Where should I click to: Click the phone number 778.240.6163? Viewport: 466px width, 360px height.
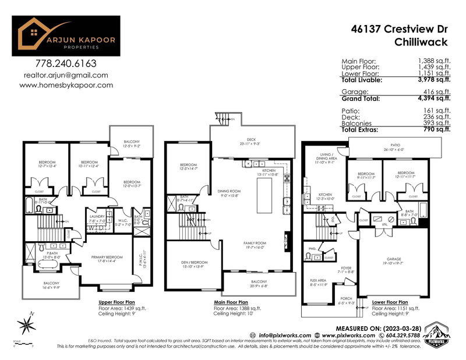coord(66,63)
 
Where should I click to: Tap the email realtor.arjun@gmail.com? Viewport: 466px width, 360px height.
coord(66,75)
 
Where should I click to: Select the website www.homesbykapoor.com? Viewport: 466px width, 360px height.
coord(66,85)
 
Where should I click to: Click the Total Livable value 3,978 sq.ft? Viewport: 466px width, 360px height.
coord(434,80)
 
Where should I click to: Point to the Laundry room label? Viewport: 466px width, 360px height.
coord(96,218)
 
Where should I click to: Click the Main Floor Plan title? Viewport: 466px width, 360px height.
coord(231,303)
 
